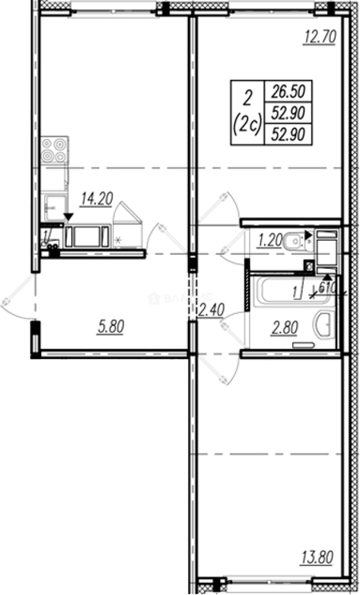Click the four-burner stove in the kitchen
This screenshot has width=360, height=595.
pyautogui.click(x=54, y=149)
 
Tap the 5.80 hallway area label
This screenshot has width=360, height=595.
pyautogui.click(x=110, y=327)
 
